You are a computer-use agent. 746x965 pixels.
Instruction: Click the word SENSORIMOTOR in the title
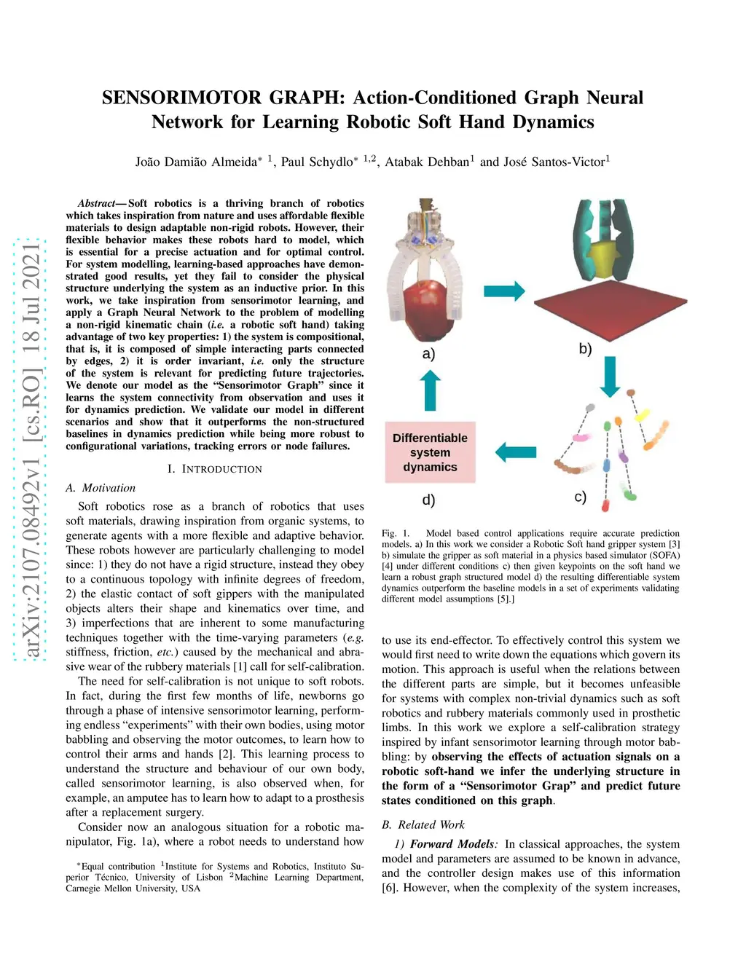coord(181,98)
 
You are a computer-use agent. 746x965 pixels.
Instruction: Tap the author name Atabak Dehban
coord(427,162)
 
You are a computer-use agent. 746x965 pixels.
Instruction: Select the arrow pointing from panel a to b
coord(504,291)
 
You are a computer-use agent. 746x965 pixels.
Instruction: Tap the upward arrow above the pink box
coord(430,390)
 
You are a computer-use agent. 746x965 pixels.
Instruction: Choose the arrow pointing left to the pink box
coord(516,452)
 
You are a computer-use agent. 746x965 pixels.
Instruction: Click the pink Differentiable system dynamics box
coord(430,452)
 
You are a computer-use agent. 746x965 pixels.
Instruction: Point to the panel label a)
coord(428,354)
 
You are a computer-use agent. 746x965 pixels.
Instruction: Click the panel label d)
coord(428,500)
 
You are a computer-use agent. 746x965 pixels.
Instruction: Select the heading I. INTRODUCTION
coord(215,470)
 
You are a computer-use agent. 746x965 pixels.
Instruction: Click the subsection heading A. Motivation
coord(101,488)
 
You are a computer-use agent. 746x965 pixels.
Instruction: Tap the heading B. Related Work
coord(423,824)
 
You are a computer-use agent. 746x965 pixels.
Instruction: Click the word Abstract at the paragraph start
coord(96,203)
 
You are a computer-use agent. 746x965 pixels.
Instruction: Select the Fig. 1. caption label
coord(396,533)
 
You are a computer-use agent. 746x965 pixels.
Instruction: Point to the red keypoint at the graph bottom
coord(605,505)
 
